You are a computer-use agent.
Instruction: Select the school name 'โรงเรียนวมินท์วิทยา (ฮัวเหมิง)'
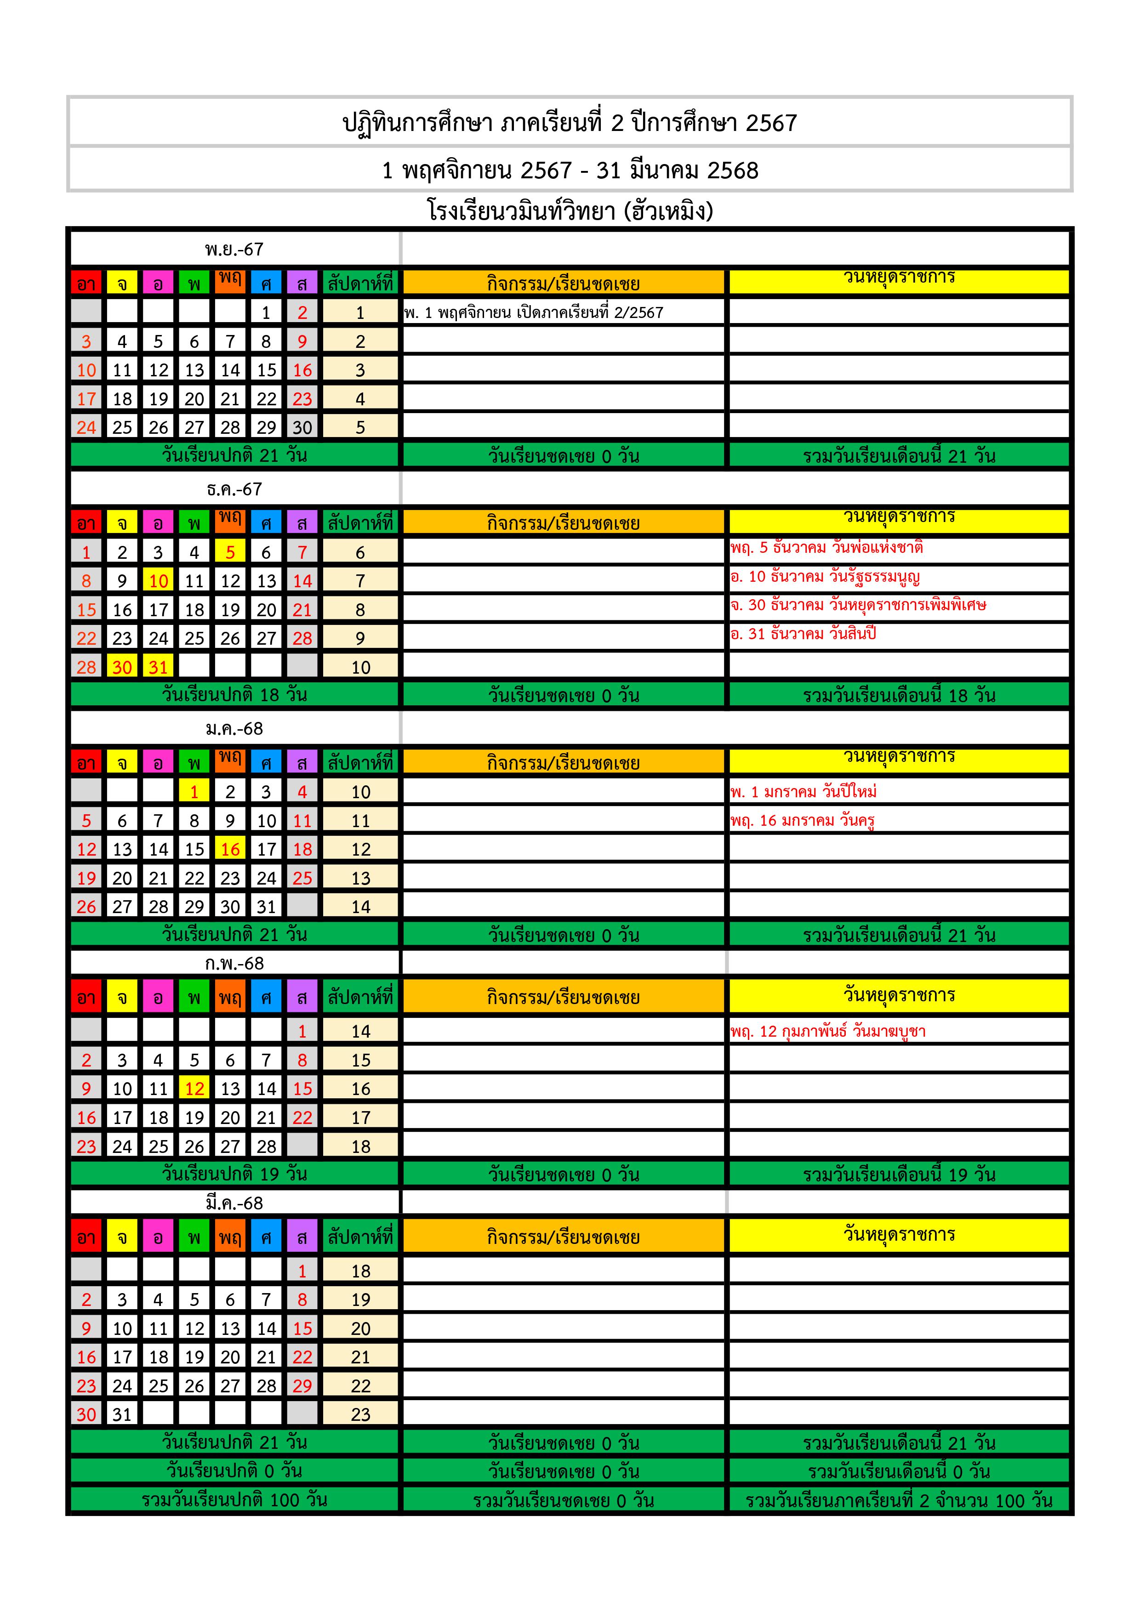coord(570,210)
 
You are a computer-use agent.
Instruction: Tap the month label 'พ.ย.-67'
coord(234,249)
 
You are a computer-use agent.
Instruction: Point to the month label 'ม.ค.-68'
coord(234,729)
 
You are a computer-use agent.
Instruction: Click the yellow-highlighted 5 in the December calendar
coord(230,552)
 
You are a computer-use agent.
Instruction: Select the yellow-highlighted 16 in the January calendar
coord(230,850)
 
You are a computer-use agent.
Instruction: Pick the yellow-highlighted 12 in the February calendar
coord(194,1089)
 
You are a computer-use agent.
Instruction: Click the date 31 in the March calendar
coord(122,1415)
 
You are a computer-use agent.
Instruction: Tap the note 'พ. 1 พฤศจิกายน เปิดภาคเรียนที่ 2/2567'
coord(534,312)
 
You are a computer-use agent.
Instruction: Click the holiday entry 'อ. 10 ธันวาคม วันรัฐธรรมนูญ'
coord(825,577)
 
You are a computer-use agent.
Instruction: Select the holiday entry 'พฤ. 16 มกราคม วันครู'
coord(802,821)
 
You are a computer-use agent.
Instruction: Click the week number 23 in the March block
coord(360,1415)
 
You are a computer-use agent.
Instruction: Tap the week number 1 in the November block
coord(360,312)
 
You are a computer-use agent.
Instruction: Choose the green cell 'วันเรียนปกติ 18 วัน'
coord(234,695)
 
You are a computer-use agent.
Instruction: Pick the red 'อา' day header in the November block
coord(86,284)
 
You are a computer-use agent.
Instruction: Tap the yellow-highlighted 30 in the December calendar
coord(122,667)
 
